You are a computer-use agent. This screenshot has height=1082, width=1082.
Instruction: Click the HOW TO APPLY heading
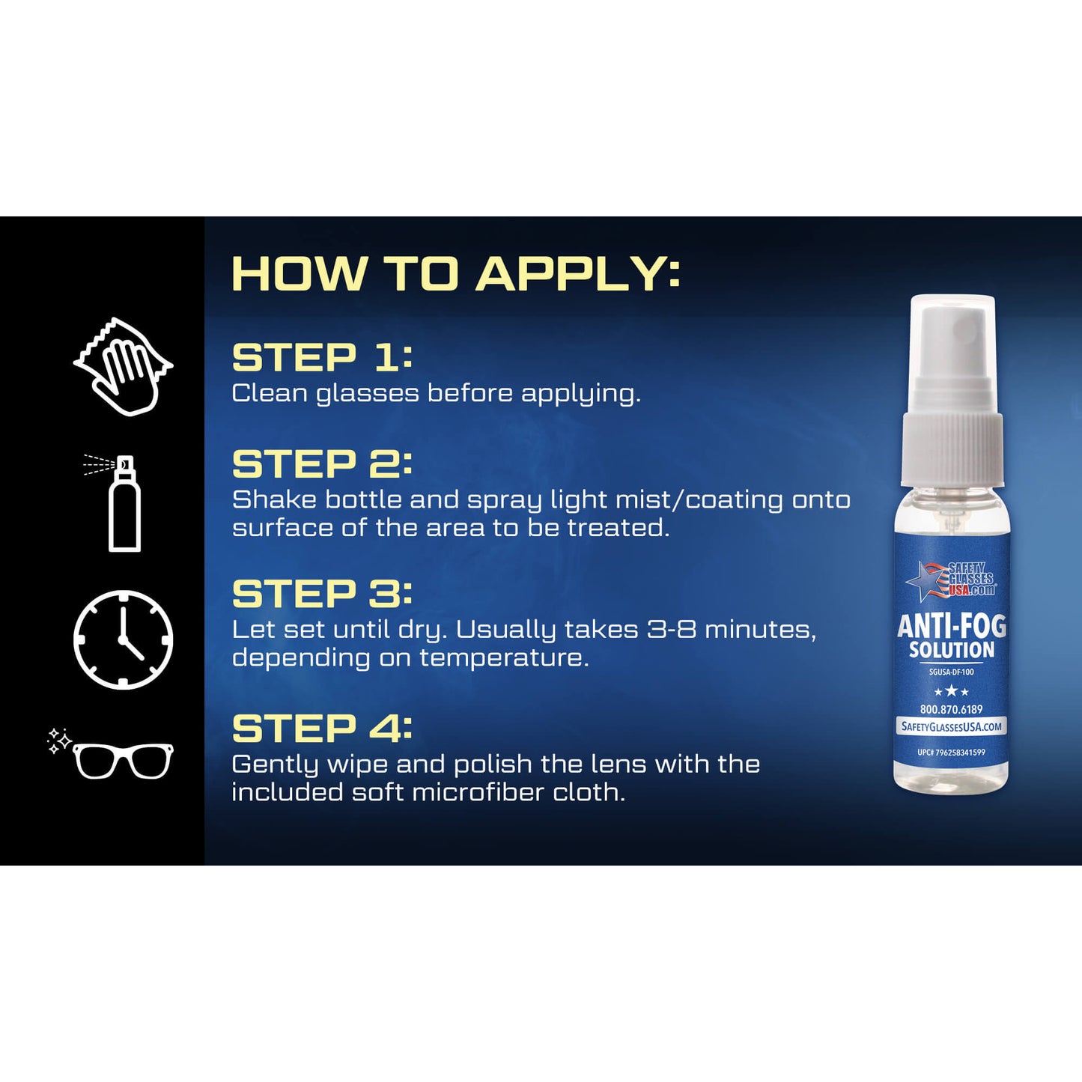click(455, 273)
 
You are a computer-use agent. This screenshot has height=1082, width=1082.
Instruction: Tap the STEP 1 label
click(322, 357)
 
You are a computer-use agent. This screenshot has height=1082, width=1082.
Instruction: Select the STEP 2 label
click(322, 464)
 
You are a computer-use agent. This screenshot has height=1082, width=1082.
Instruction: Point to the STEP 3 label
click(322, 594)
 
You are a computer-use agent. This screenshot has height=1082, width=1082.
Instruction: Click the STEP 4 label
click(322, 728)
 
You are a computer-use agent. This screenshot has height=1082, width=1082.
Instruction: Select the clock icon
click(124, 639)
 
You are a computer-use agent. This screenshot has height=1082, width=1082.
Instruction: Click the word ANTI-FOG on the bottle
click(951, 626)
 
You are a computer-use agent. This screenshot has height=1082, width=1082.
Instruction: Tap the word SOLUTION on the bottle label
click(951, 650)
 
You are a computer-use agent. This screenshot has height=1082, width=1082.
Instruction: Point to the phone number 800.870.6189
click(951, 709)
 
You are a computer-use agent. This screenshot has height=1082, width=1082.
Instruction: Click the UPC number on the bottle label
click(951, 753)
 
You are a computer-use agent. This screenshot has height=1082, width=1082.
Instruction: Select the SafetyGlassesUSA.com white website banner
click(951, 726)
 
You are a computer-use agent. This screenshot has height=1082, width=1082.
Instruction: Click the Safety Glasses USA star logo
click(949, 580)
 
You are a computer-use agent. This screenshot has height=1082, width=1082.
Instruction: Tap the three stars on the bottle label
click(951, 691)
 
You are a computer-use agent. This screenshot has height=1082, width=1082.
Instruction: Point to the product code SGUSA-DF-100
click(951, 672)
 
